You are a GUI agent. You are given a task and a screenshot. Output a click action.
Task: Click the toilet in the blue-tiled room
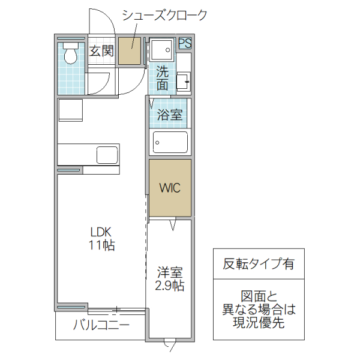(71, 55)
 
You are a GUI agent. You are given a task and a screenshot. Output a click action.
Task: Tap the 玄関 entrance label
(101, 51)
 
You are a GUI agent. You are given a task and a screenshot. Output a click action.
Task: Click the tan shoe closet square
(129, 50)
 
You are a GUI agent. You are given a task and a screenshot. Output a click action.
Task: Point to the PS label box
(185, 43)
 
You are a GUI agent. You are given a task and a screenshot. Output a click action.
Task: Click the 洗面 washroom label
(162, 78)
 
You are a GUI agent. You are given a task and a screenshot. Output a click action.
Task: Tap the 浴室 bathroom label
(170, 115)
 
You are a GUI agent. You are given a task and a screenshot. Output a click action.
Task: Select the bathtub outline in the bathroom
(170, 143)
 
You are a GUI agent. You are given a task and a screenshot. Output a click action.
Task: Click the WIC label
(170, 188)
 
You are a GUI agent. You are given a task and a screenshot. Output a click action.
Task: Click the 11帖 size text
(102, 245)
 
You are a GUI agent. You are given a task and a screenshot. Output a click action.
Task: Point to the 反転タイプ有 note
(259, 263)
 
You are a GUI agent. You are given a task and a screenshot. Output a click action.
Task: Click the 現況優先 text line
(259, 323)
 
